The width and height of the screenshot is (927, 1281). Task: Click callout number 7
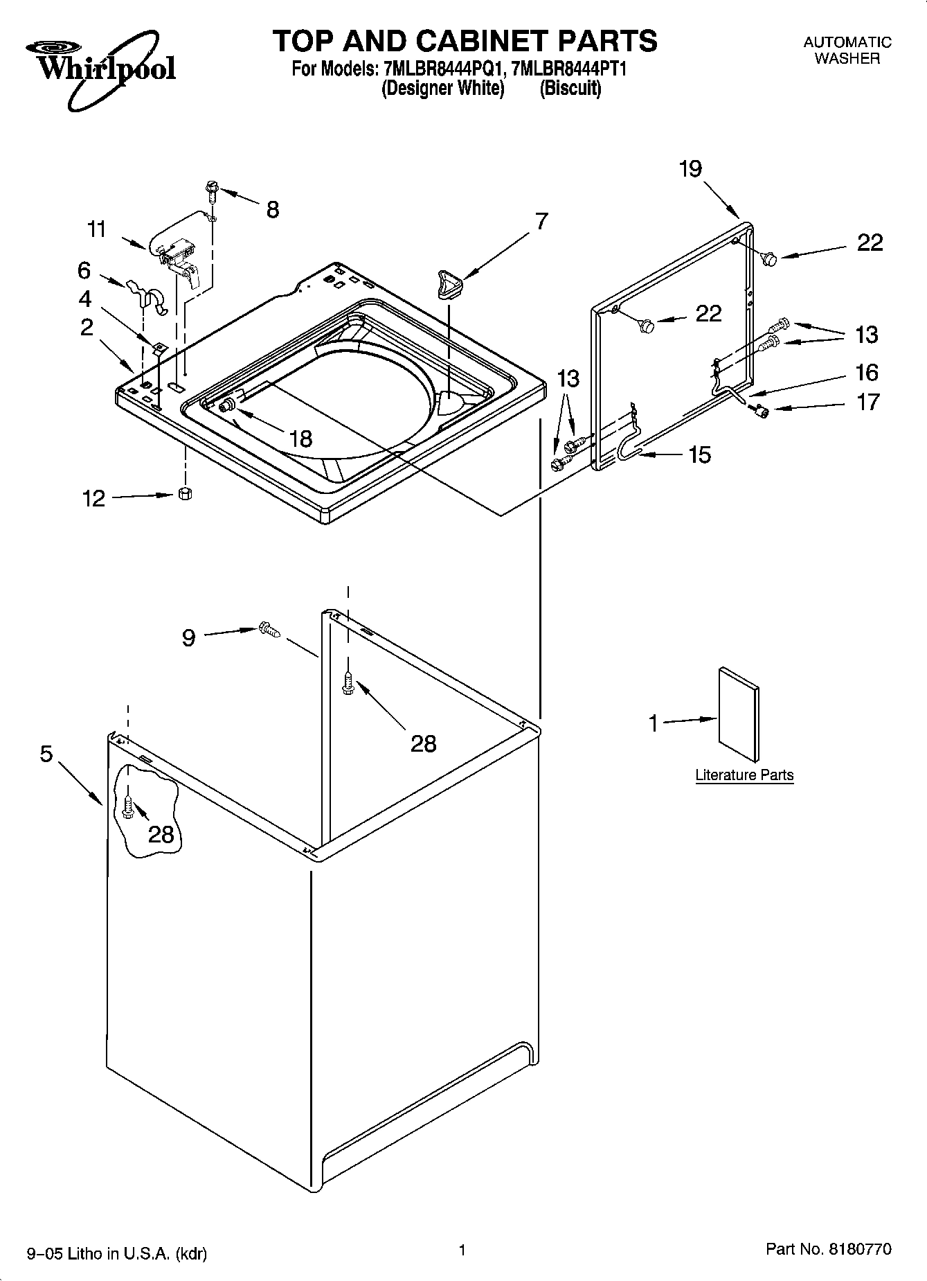click(541, 222)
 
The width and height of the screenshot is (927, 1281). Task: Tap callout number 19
click(690, 168)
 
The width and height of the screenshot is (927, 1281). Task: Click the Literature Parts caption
click(744, 775)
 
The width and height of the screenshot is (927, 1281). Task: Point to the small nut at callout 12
click(185, 494)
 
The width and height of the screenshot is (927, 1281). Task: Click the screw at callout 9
click(269, 629)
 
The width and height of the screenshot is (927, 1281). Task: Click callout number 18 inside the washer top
click(300, 439)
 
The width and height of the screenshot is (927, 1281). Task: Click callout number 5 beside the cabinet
click(46, 754)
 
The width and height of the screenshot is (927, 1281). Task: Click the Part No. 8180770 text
click(829, 1250)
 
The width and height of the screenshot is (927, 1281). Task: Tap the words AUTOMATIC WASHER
click(847, 51)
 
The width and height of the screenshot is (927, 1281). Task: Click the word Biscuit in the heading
click(570, 89)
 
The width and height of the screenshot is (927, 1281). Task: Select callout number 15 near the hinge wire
click(699, 454)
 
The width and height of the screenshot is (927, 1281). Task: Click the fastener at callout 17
click(764, 413)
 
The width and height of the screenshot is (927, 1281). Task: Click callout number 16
click(867, 373)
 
